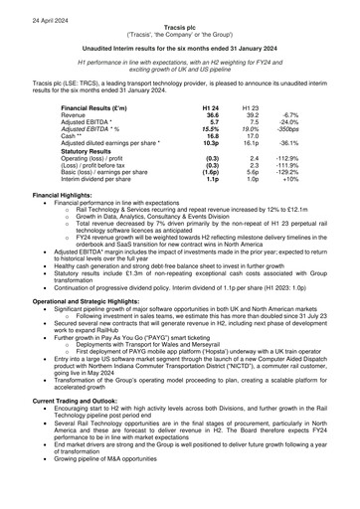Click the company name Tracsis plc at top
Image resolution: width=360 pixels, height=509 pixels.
(x=180, y=19)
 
